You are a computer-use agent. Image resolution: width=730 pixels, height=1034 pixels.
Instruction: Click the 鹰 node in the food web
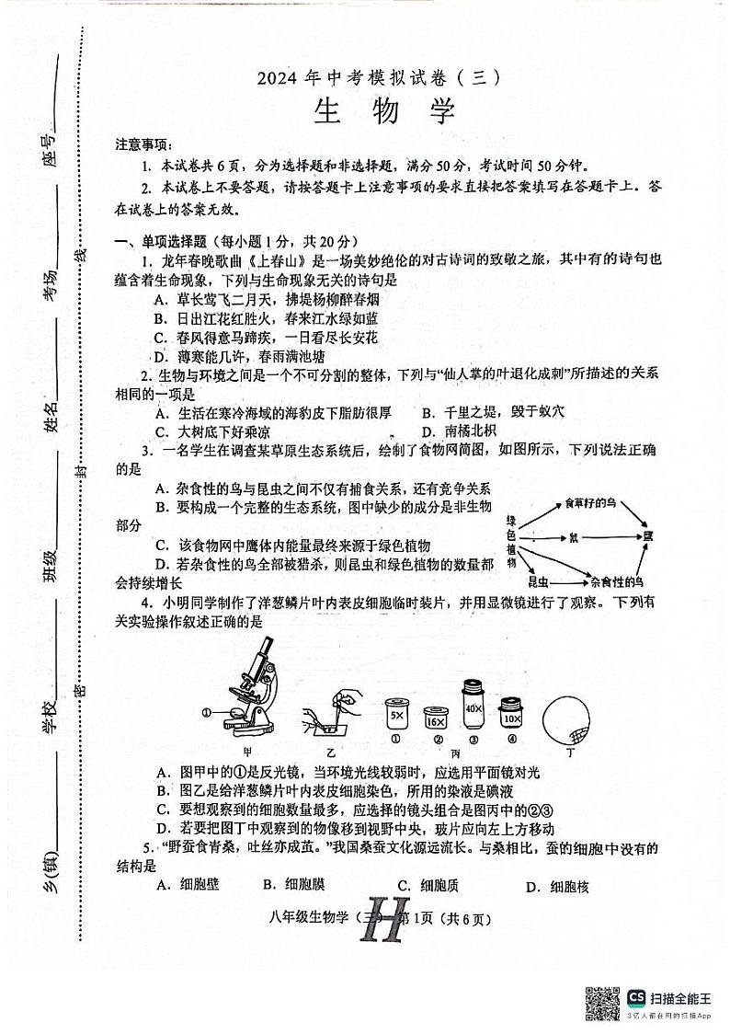pyautogui.click(x=647, y=534)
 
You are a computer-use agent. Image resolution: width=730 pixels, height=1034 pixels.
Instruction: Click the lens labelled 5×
pyautogui.click(x=396, y=714)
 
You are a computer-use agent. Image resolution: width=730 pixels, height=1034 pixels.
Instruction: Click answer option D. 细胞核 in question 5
pyautogui.click(x=556, y=887)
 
